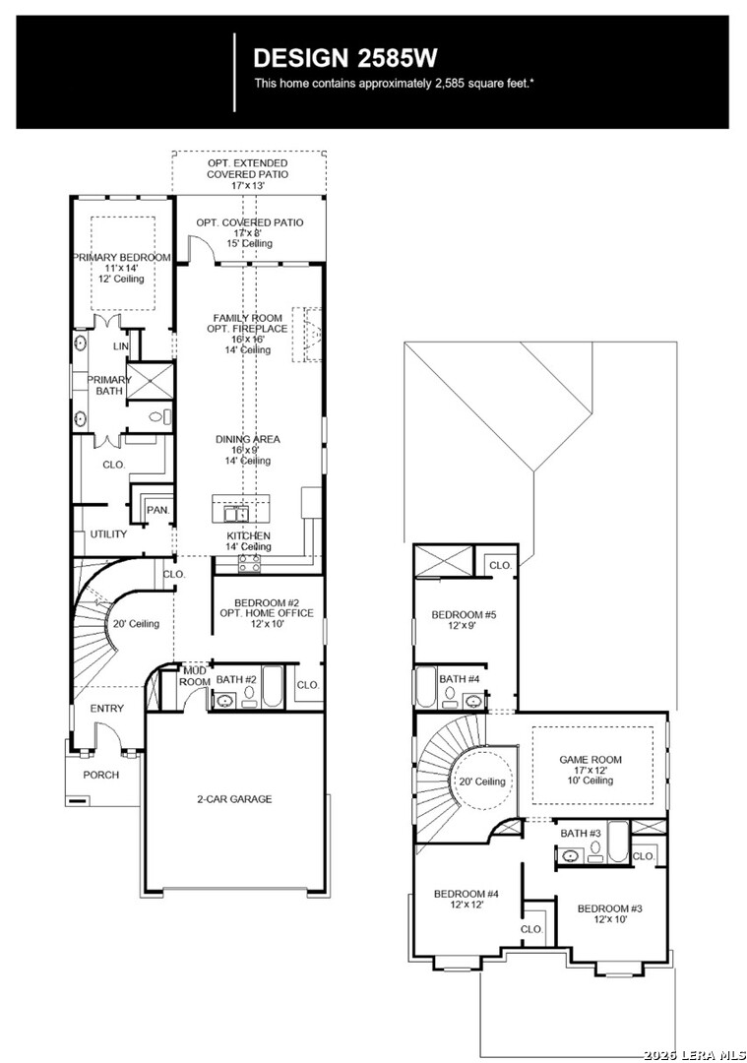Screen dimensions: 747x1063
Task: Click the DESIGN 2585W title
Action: (x=345, y=58)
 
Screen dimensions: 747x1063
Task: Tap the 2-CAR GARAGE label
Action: (x=234, y=799)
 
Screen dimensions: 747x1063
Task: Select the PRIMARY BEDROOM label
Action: (x=121, y=258)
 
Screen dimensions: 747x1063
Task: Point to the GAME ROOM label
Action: (x=591, y=760)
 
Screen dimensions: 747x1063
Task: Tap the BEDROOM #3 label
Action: (x=610, y=908)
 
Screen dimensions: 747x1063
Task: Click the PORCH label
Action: (x=101, y=775)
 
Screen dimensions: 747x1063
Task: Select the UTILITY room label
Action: (x=108, y=534)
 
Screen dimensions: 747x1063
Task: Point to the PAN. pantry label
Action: (x=157, y=510)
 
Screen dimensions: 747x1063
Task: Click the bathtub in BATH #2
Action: (x=274, y=687)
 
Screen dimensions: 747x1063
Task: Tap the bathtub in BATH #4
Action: (x=425, y=687)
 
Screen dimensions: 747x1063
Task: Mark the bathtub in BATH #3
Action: (x=618, y=842)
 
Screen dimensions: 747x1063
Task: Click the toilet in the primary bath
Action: (x=160, y=417)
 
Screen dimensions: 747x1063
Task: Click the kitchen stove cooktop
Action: (x=249, y=562)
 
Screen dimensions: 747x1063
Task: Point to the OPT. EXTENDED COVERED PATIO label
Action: (x=248, y=174)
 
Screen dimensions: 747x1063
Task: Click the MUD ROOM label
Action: (x=195, y=676)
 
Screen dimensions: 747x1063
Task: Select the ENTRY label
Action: (x=107, y=709)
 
